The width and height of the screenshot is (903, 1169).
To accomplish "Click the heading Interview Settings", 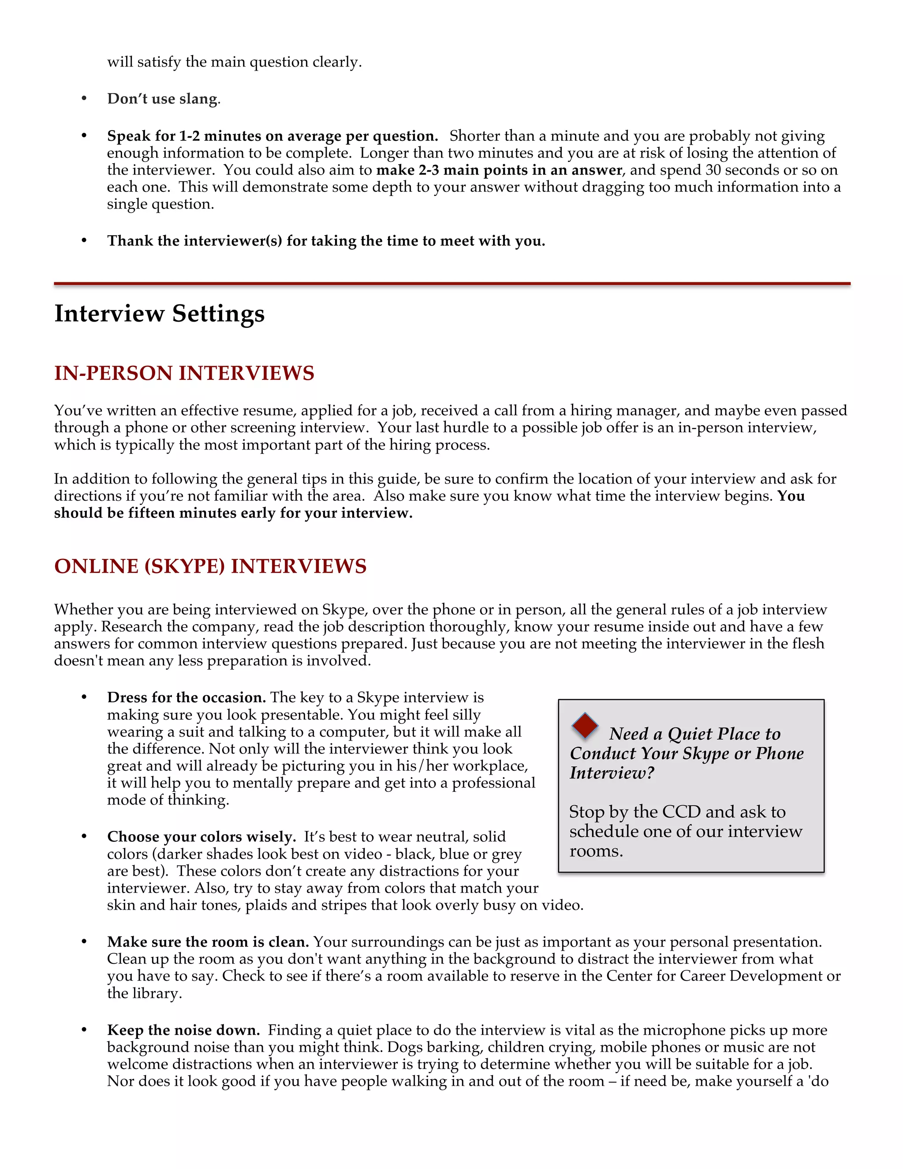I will (x=160, y=314).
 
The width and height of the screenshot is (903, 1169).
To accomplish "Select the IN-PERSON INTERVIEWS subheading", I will (x=184, y=373).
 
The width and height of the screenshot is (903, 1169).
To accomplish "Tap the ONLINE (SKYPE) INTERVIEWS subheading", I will (x=210, y=566).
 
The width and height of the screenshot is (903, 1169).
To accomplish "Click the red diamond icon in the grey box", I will (x=585, y=726).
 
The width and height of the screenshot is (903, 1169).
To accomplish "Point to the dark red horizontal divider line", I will (x=451, y=284).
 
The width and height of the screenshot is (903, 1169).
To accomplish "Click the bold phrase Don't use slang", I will (x=163, y=99).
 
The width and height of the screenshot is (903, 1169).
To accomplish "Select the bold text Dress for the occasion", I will (x=186, y=697).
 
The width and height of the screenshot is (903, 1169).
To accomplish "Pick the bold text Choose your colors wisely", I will (x=201, y=836).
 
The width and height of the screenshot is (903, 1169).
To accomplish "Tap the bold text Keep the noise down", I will (x=183, y=1030).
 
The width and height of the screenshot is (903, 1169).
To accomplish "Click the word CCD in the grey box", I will (x=681, y=812).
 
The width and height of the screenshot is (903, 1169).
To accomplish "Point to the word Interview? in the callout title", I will (x=612, y=773).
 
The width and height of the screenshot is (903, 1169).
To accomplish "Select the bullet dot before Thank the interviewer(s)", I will (x=84, y=241).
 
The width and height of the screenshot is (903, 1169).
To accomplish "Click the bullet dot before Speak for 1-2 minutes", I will (x=84, y=136).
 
